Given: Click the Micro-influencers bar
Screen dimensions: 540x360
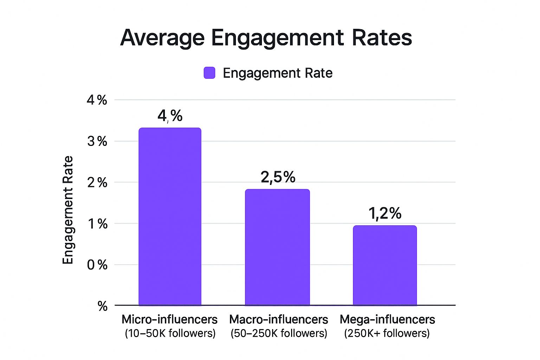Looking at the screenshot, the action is (x=170, y=217).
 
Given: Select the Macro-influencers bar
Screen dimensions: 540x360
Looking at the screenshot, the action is (x=277, y=247).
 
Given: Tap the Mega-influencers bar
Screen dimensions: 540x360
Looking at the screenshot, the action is (x=385, y=265).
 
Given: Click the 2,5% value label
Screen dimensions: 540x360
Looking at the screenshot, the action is (x=278, y=178).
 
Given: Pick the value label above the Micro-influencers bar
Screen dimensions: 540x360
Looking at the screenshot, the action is (x=170, y=116).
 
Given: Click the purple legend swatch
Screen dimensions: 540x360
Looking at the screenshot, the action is (x=210, y=73).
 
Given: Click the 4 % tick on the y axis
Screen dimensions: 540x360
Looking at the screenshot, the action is (x=97, y=100).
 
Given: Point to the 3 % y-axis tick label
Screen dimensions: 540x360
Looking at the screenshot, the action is (x=97, y=141).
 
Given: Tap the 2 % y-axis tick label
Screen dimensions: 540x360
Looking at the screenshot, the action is (x=97, y=182).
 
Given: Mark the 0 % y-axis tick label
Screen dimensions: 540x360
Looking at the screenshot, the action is (x=97, y=265).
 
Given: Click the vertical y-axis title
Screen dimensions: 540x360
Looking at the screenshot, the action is (x=68, y=210).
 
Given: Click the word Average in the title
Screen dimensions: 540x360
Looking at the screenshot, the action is (x=162, y=38).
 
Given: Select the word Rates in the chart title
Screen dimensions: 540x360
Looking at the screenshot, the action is (x=382, y=38).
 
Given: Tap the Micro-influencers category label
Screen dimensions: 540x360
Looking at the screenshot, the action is (x=170, y=320).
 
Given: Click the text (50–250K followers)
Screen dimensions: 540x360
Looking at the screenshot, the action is (x=279, y=333).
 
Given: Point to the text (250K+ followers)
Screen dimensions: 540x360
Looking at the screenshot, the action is (x=387, y=333).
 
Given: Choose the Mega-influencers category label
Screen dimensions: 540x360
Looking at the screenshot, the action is (x=387, y=320).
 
